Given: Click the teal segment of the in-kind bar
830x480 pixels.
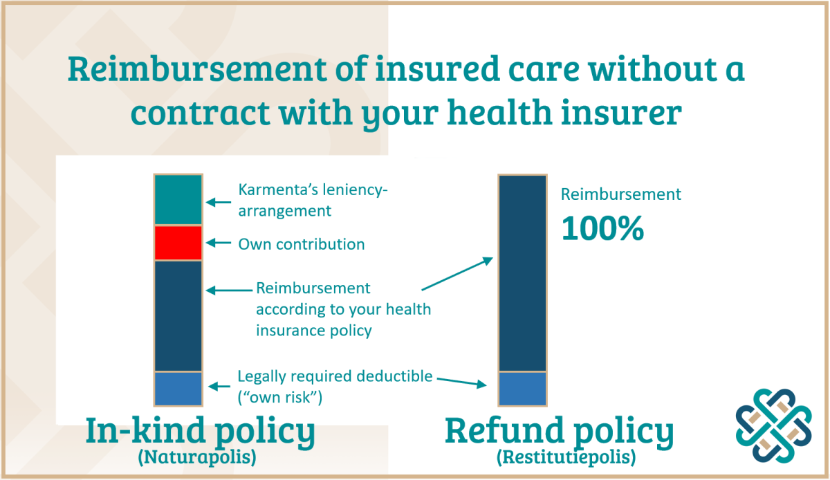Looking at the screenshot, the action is coord(178,199).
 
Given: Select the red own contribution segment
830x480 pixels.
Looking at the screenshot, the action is coord(178,243).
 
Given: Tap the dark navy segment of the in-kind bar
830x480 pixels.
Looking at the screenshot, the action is coord(178,316).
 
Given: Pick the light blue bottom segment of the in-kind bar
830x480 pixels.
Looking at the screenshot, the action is coord(178,389).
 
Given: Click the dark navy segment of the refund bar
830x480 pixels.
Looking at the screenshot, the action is coord(522,273).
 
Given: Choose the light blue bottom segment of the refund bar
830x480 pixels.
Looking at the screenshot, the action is coord(522,389).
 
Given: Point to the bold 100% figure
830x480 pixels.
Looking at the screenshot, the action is coord(602,228).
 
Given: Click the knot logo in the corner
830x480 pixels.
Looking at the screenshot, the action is coord(774,426).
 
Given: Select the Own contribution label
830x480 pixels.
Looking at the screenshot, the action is coord(302,244).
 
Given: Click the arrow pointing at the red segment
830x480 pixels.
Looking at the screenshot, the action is coord(219,243).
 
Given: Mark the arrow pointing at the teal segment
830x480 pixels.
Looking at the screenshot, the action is coord(219,202).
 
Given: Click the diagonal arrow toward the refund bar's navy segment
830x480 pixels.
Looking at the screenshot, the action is coord(457,273).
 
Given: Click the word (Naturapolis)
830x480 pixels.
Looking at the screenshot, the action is coord(197,456).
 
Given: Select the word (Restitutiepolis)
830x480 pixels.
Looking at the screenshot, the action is coord(566,456).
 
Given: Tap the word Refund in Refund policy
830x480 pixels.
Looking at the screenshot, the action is coord(504,430).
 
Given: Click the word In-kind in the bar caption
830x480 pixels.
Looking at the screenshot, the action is coord(146,430).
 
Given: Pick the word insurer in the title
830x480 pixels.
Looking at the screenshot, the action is coord(621,113).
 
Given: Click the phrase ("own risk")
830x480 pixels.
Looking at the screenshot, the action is coord(279,397).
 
